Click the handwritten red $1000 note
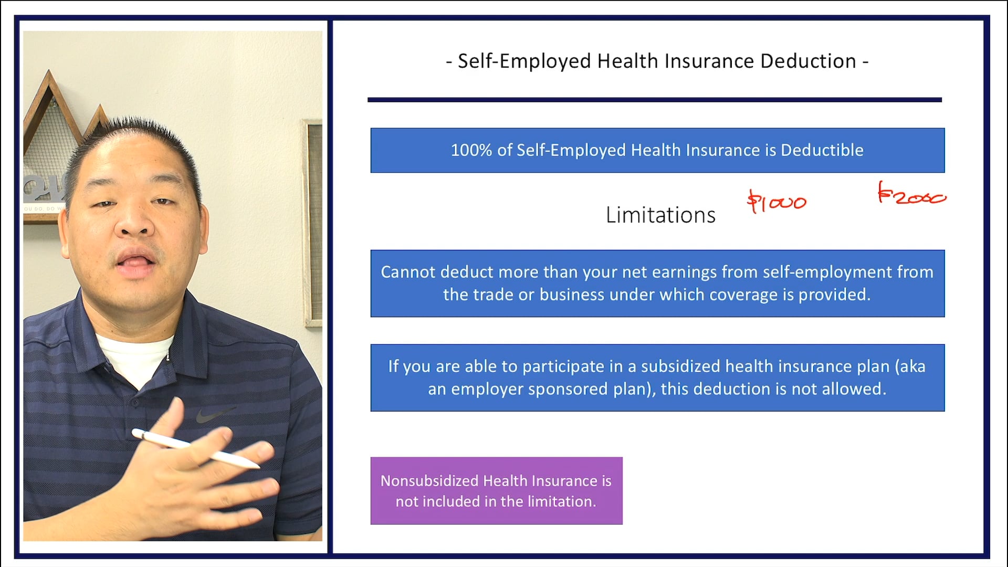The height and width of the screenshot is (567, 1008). click(776, 202)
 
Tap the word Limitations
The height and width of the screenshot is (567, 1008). click(660, 215)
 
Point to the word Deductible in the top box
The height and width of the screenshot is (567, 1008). click(822, 150)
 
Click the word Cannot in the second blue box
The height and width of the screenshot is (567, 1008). click(407, 272)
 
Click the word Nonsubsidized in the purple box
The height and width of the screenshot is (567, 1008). click(429, 481)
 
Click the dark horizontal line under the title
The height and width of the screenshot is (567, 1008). click(654, 100)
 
